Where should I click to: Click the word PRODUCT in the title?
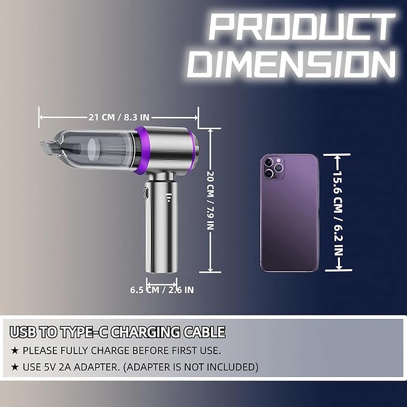pyautogui.click(x=294, y=28)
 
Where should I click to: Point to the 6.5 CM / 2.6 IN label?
pyautogui.click(x=162, y=290)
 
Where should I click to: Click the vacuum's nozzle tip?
pyautogui.click(x=48, y=147)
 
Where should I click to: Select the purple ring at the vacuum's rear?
pyautogui.click(x=192, y=150)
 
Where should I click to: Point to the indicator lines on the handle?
pyautogui.click(x=168, y=198)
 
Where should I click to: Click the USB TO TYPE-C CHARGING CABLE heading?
pyautogui.click(x=117, y=331)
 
